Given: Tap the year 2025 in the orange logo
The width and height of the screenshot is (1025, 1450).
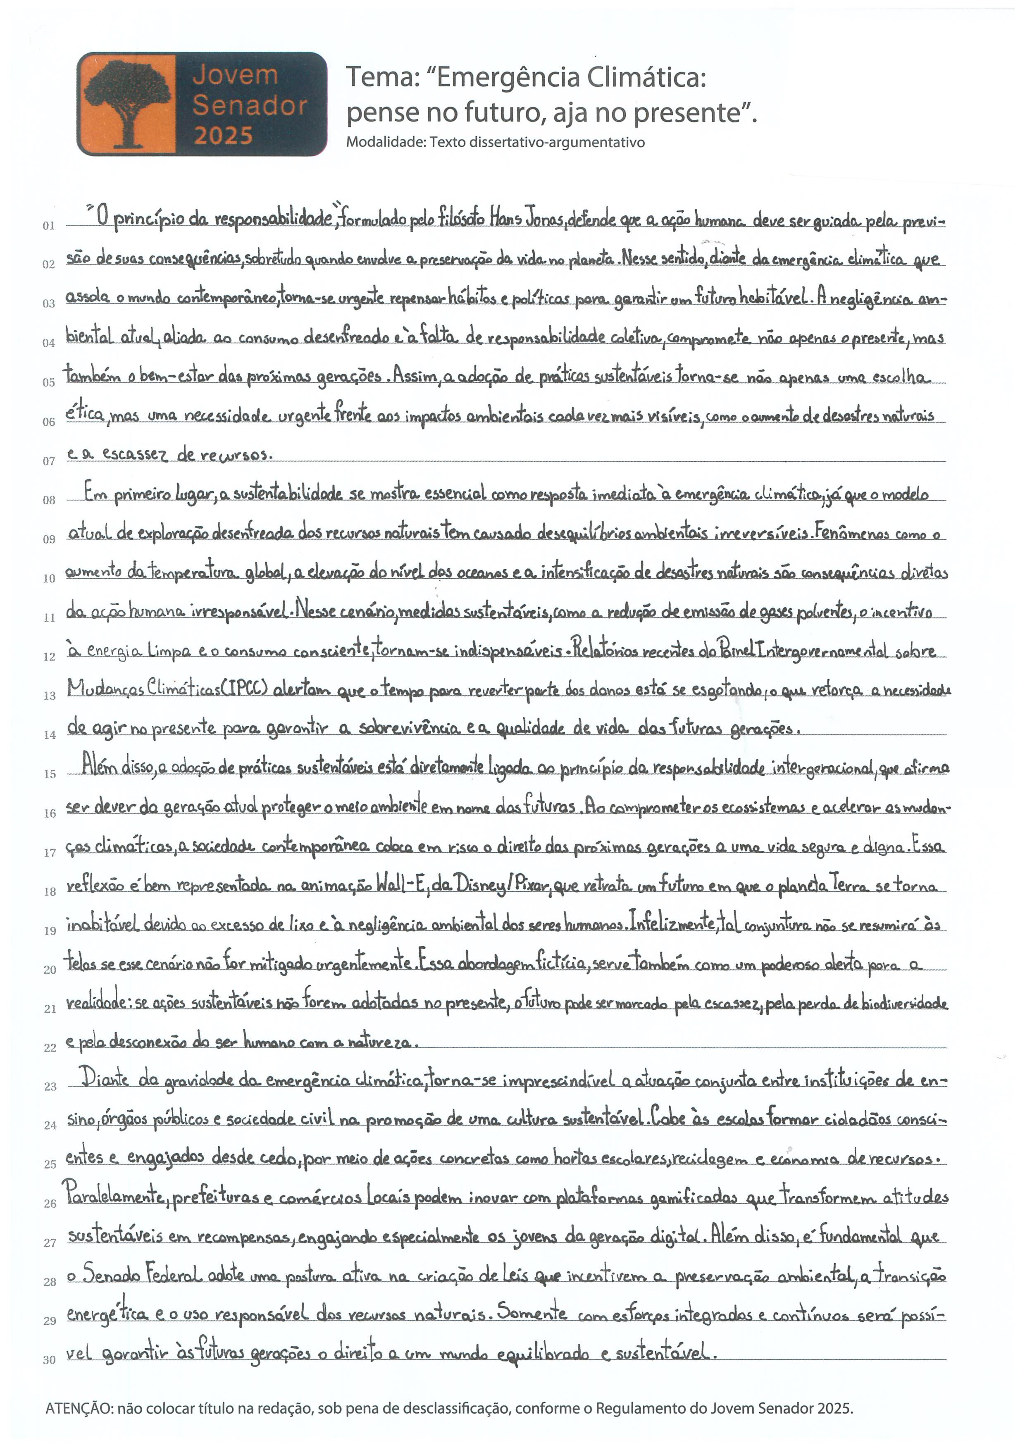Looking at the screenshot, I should (x=223, y=135).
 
